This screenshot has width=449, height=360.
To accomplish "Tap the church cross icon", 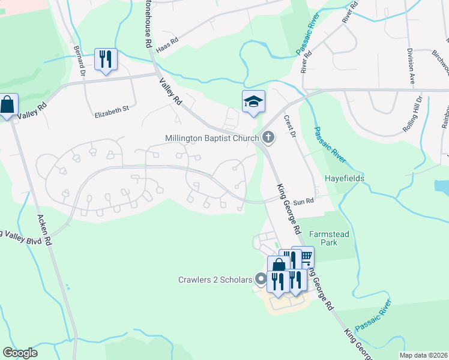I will tap(268, 138).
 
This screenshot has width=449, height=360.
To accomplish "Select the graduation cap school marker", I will tap(253, 101).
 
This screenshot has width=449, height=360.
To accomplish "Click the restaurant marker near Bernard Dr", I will tap(106, 59).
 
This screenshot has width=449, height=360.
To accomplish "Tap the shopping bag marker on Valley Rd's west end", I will tap(7, 105).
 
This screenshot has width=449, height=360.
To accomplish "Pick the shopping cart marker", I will tap(304, 257).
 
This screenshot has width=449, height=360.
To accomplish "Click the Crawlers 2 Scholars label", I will tap(215, 279).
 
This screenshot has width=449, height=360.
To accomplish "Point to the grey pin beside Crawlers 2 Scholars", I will tap(261, 279).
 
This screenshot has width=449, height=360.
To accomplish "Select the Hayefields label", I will tap(345, 179).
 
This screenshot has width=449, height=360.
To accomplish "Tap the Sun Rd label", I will tap(304, 202).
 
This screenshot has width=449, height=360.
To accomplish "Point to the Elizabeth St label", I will tap(112, 110).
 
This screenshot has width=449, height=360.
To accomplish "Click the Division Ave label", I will tap(412, 64).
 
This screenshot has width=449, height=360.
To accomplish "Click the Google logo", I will tap(20, 353).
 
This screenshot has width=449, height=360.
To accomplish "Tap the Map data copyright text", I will tap(423, 355).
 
